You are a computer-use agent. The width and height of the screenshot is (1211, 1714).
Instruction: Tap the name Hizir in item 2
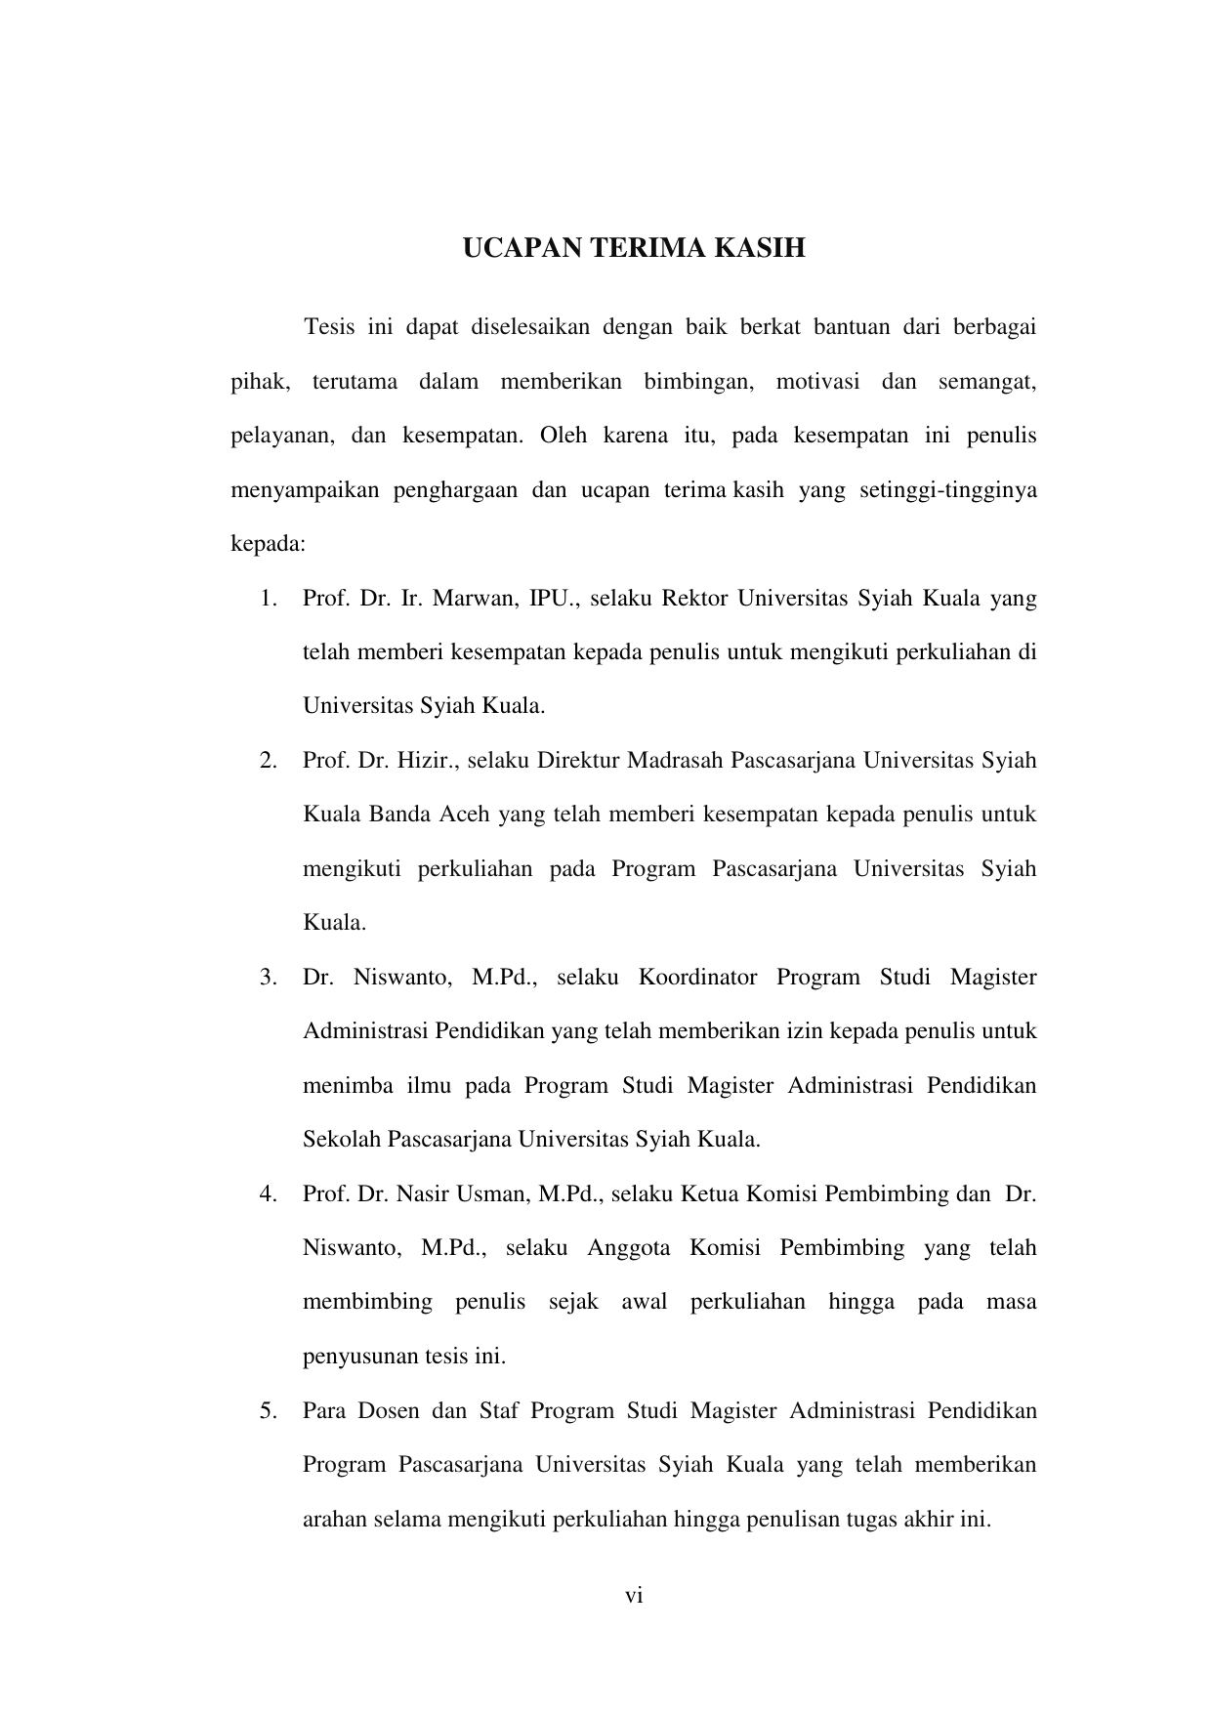click(x=426, y=761)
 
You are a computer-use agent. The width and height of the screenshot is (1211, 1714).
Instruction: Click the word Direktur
click(x=577, y=761)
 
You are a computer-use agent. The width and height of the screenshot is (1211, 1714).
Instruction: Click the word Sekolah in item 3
click(x=342, y=1140)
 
